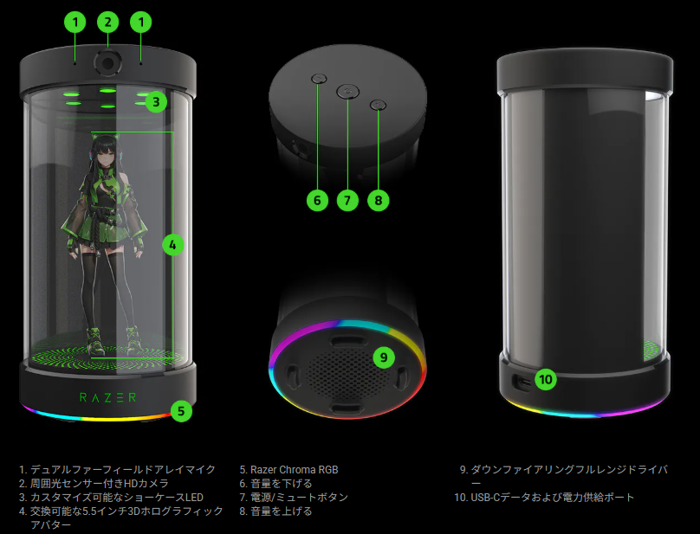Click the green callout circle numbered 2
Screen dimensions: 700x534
coord(108,22)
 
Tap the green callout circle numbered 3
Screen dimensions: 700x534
coord(156,102)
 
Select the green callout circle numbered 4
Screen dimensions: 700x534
coord(172,244)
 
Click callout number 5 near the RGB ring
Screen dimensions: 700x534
coord(181,411)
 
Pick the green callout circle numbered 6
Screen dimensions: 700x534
coord(317,200)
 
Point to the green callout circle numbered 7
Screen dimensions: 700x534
coord(347,200)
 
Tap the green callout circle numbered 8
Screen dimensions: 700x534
coord(378,200)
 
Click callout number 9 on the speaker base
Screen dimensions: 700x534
coord(384,357)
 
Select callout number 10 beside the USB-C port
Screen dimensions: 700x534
coord(546,379)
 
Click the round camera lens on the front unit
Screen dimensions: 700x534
coord(107,62)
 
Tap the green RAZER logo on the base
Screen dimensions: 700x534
coord(107,397)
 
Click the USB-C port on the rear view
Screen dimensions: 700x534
coord(522,382)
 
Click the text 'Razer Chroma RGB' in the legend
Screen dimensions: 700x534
coord(295,470)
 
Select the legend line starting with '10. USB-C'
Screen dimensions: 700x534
coord(544,498)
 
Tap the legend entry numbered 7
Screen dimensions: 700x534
coord(294,498)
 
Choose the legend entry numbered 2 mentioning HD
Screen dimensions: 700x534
coord(94,484)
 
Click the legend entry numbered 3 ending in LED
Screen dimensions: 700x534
coord(111,498)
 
